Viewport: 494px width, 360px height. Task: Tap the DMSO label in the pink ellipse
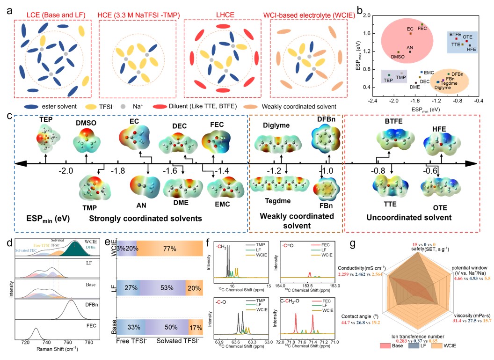(397, 57)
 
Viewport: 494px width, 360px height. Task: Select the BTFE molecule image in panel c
(392, 140)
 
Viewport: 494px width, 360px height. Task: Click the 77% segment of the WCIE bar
(169, 248)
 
